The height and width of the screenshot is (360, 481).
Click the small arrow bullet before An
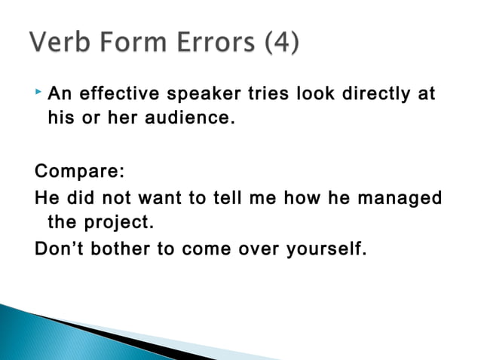click(39, 93)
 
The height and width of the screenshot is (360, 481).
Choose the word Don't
click(60, 249)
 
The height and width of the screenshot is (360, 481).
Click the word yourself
click(326, 249)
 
